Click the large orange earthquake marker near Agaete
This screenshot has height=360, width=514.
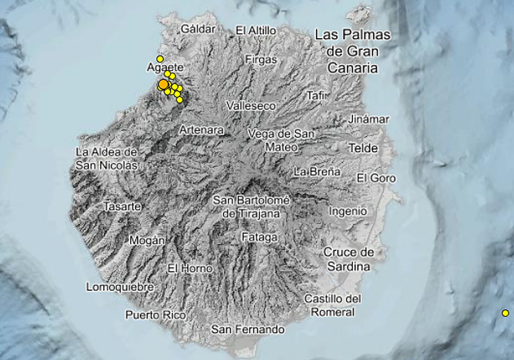(163, 84)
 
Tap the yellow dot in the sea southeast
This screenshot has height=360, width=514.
(505, 313)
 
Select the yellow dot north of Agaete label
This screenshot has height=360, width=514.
(160, 59)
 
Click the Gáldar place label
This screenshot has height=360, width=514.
(197, 29)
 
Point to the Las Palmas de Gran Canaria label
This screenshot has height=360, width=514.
(353, 51)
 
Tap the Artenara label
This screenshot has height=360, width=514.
(201, 130)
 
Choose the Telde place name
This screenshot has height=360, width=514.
(363, 149)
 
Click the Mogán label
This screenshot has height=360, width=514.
(147, 240)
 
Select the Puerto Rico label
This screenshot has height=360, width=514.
(155, 315)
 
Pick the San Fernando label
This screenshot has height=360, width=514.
(248, 330)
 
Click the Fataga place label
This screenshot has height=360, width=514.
(260, 237)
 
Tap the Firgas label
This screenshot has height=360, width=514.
(261, 60)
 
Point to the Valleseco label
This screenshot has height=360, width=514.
(251, 106)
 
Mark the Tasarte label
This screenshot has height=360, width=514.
(123, 207)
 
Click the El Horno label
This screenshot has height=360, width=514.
(190, 269)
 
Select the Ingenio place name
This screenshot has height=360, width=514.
(348, 211)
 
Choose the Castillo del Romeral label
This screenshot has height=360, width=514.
(333, 305)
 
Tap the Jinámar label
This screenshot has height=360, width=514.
(368, 120)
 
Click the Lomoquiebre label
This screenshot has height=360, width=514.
(120, 287)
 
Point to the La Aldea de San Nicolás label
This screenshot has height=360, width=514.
(107, 159)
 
